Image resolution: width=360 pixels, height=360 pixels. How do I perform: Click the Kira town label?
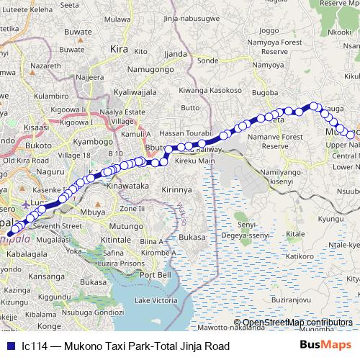pos(119,49)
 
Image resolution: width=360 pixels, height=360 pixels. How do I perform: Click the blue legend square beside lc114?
pos(9,346)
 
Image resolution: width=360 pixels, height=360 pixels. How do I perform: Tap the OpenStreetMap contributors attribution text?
pos(297,323)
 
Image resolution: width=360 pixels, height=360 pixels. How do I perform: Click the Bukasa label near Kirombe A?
pos(192,236)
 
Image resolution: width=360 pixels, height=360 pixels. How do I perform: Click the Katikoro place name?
pos(300,256)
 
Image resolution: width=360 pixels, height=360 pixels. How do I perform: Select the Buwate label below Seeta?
pos(78,32)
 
